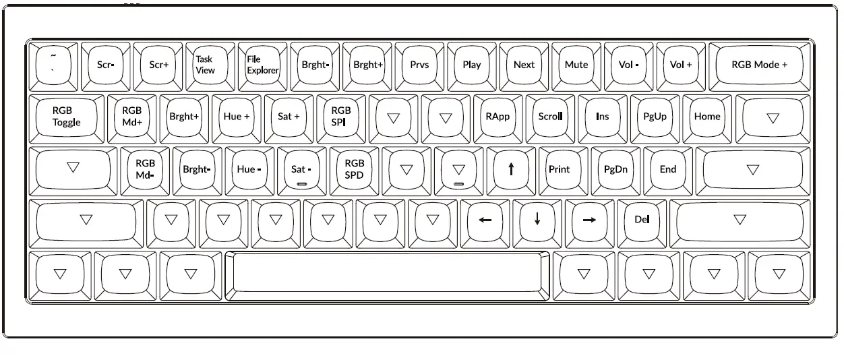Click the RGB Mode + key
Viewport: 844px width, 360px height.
(x=759, y=65)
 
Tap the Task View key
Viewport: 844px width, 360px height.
(x=205, y=65)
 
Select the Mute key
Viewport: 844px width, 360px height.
(x=576, y=65)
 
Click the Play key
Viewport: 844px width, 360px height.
(x=472, y=65)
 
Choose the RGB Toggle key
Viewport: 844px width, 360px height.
(x=66, y=117)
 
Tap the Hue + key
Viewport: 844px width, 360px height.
(x=237, y=117)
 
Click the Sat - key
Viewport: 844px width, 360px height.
(x=301, y=169)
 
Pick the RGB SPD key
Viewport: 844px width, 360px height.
(x=354, y=169)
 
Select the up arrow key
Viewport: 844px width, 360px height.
(x=511, y=169)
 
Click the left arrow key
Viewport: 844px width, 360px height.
(x=485, y=220)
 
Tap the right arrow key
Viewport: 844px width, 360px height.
(x=589, y=220)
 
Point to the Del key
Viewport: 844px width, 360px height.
(x=641, y=220)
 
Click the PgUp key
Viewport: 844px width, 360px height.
(x=655, y=117)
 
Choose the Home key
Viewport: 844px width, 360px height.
(x=707, y=117)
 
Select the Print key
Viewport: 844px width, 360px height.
(x=559, y=169)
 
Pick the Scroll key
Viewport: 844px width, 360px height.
(x=550, y=117)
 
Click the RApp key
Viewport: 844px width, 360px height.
(x=498, y=117)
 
